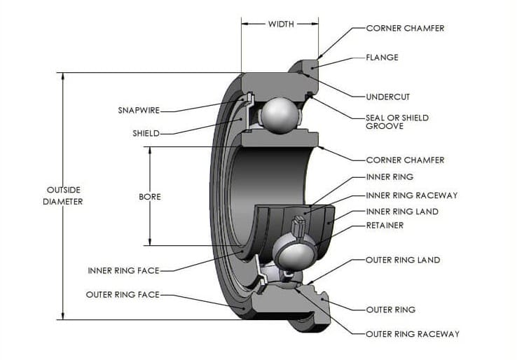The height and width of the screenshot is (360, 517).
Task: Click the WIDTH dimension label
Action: coord(281,24)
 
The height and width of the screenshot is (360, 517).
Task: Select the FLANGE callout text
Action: coord(382,57)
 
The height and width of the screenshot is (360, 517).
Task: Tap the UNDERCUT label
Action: coord(388,97)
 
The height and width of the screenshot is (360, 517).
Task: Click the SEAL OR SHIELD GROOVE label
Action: coord(397,122)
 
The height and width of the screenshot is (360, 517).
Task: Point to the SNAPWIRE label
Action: coord(139,110)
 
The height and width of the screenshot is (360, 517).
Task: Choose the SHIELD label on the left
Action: coord(146,134)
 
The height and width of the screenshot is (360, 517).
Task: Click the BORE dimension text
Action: coord(150,197)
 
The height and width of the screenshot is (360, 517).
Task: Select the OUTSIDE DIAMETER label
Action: coord(63,196)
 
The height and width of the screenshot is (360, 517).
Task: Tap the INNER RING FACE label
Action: coord(123,270)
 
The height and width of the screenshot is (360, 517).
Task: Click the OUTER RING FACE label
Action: coord(123,294)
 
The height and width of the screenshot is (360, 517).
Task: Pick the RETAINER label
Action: coord(385,226)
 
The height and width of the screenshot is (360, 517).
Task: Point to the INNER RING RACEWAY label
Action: coord(412,195)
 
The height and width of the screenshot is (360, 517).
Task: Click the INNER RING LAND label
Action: coord(402,212)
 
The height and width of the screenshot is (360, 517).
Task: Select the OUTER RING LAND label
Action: coord(403,260)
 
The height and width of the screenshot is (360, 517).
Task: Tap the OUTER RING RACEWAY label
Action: coord(413,334)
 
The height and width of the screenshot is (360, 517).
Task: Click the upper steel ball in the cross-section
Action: coord(280,116)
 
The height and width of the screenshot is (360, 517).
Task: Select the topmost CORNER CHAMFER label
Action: coord(405,28)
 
